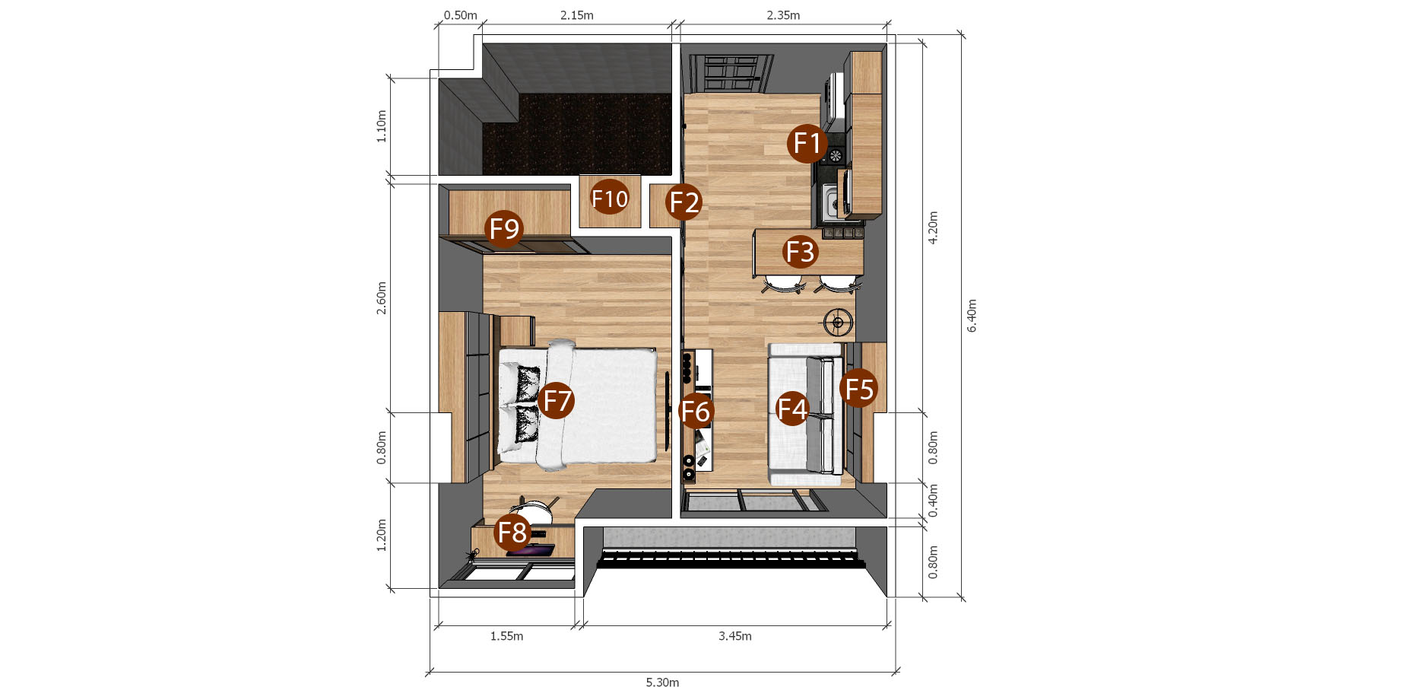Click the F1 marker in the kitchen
pyautogui.click(x=807, y=143)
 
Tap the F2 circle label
pyautogui.click(x=684, y=202)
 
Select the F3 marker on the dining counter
pyautogui.click(x=800, y=251)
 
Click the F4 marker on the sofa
pyautogui.click(x=791, y=409)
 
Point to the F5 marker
pyautogui.click(x=859, y=388)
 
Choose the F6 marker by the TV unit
pyautogui.click(x=696, y=411)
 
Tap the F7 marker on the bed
pyautogui.click(x=557, y=400)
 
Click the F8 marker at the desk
pyautogui.click(x=512, y=532)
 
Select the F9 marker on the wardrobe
pyautogui.click(x=504, y=228)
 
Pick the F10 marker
pyautogui.click(x=610, y=199)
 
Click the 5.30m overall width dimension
pyautogui.click(x=662, y=682)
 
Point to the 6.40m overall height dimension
pyautogui.click(x=972, y=316)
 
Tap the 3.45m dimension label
pyautogui.click(x=735, y=636)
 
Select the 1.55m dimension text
pyautogui.click(x=506, y=636)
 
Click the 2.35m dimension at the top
pyautogui.click(x=783, y=15)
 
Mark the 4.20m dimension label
pyautogui.click(x=933, y=227)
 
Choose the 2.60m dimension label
pyautogui.click(x=382, y=298)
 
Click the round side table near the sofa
pyautogui.click(x=838, y=323)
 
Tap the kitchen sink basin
pyautogui.click(x=832, y=203)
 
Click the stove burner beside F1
pyautogui.click(x=836, y=156)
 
